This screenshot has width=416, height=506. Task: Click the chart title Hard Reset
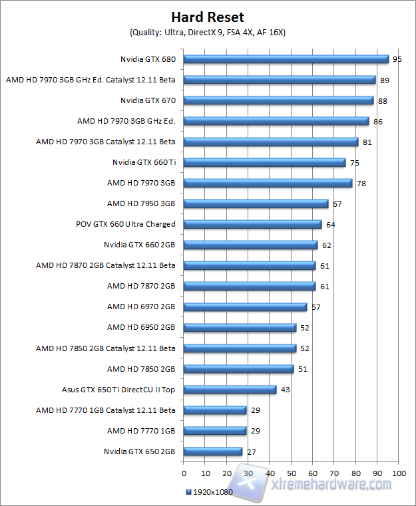(x=208, y=17)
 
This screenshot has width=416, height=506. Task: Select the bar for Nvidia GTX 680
(x=286, y=59)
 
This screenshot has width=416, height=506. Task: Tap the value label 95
(x=397, y=59)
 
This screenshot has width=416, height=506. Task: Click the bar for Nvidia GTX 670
(x=278, y=100)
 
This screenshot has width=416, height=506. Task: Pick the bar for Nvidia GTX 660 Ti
(x=264, y=162)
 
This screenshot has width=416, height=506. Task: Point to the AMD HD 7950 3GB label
(x=141, y=203)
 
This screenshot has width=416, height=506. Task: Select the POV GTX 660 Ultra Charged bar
(x=252, y=224)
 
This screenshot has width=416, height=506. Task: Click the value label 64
(x=330, y=225)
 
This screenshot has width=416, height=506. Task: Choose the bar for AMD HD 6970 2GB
(x=245, y=307)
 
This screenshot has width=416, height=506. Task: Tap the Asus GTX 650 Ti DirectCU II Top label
(x=118, y=390)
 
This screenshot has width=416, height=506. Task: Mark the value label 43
(x=285, y=390)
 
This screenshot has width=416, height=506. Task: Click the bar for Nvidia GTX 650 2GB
(x=212, y=451)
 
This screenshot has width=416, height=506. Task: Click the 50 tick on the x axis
(x=291, y=473)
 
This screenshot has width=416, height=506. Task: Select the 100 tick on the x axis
(x=399, y=473)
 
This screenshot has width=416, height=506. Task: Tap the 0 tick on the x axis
(x=184, y=473)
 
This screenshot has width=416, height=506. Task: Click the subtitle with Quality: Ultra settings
(x=207, y=32)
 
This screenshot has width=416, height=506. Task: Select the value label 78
(x=361, y=184)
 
